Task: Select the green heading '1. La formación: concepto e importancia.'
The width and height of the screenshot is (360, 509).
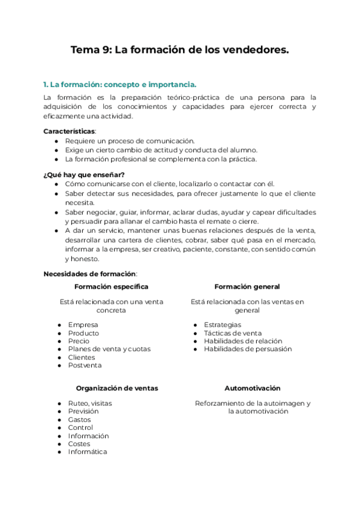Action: [120, 84]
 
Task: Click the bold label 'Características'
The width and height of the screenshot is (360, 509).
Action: [69, 130]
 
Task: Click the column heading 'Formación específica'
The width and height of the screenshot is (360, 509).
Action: [111, 287]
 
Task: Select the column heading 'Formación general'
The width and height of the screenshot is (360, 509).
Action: [247, 287]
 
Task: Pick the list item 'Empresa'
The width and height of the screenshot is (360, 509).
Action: [83, 325]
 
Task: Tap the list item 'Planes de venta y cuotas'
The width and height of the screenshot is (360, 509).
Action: [109, 349]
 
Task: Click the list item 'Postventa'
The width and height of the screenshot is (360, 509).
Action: [85, 365]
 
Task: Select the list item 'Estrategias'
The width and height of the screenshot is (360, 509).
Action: [223, 325]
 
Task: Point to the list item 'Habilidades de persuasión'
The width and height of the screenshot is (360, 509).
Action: [248, 349]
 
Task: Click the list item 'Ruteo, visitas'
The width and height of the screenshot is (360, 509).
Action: [90, 403]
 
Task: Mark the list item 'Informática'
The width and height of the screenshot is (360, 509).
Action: [88, 452]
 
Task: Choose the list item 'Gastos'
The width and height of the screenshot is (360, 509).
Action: [80, 420]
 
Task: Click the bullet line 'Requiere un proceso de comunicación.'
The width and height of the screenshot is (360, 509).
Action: [130, 140]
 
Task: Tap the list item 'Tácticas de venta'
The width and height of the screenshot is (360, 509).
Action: [233, 333]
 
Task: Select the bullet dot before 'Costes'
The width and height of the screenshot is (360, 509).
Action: [59, 444]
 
